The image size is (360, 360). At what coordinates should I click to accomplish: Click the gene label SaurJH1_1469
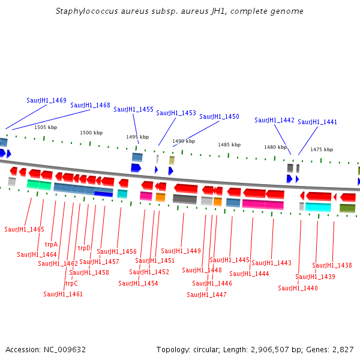coord(46,100)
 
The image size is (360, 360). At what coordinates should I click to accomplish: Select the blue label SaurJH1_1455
coord(133,109)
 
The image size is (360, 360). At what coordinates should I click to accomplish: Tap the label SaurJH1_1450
coord(219,116)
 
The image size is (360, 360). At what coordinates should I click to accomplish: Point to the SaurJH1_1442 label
coord(274,120)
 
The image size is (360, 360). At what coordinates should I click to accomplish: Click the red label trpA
coord(51,244)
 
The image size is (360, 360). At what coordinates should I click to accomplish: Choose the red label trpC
coord(71,283)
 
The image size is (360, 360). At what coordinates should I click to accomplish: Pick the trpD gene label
coord(84,248)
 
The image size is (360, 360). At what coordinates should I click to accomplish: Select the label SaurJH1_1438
coord(332,265)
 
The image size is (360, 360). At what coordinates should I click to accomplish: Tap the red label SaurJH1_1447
coord(206,295)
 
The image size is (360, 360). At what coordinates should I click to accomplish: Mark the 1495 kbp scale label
coord(137,137)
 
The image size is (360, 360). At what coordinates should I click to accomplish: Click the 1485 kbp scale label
coord(229,145)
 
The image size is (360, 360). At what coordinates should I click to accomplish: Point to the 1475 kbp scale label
coord(321,149)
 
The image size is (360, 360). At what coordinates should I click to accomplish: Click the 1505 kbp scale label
coord(46,127)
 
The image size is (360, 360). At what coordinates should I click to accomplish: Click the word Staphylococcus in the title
coord(85,11)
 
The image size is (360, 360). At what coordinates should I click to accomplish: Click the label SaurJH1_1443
coord(271,263)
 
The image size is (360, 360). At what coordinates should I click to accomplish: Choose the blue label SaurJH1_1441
coord(317,122)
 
